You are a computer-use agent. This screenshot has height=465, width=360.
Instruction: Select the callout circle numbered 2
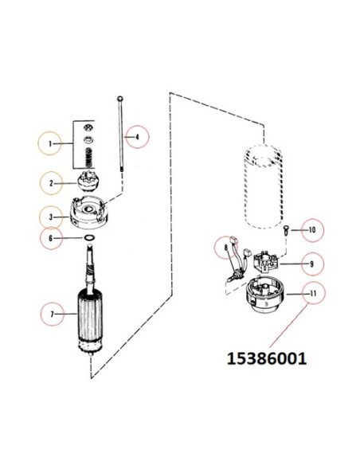[x=53, y=184]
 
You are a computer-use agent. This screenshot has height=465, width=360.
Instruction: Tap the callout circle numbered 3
[x=53, y=216]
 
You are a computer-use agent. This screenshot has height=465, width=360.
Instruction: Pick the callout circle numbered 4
[x=136, y=138]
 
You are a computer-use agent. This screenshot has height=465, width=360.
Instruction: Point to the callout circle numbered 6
[x=53, y=237]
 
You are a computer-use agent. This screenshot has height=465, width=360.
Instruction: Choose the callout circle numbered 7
[x=53, y=315]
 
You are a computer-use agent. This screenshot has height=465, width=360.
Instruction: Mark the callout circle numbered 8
[x=225, y=248]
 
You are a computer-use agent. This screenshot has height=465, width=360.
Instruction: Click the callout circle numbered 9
[x=311, y=263]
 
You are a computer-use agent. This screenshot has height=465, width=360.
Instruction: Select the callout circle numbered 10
[x=312, y=230]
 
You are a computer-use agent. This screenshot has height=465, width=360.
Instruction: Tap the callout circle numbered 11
[x=312, y=294]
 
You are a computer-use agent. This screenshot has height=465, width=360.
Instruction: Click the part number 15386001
[x=267, y=358]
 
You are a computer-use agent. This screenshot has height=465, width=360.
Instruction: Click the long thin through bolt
[x=119, y=143]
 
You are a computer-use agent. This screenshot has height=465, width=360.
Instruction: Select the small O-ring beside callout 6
[x=90, y=237]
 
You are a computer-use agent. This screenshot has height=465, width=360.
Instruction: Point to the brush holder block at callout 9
[x=268, y=261]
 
